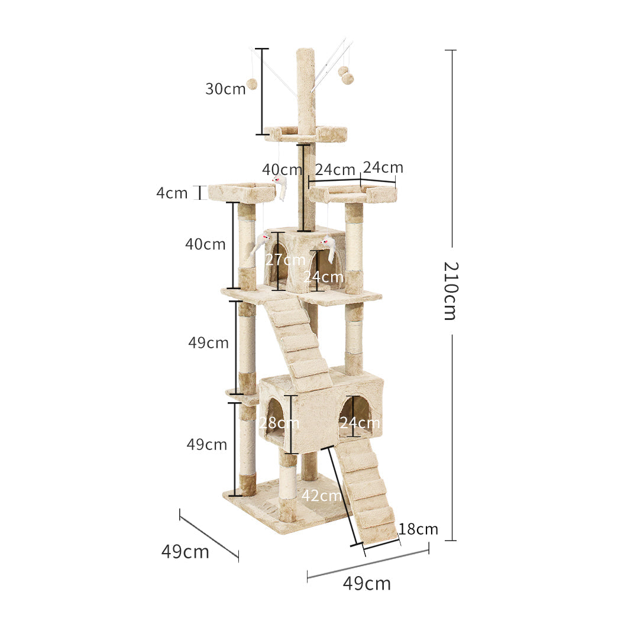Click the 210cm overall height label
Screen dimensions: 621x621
click(x=450, y=290)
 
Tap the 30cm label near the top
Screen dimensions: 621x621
click(x=225, y=89)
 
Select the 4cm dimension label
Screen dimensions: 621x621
click(x=172, y=193)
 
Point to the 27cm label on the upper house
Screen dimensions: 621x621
click(x=285, y=259)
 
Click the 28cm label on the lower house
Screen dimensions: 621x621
click(x=279, y=423)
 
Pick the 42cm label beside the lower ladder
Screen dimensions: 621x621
click(x=321, y=496)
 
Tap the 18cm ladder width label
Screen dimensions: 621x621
click(x=418, y=529)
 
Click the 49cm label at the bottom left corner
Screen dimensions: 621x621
click(x=185, y=551)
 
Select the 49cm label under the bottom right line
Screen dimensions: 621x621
click(x=367, y=584)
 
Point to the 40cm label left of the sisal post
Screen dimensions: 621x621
click(x=205, y=244)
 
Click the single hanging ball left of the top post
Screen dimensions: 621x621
click(x=252, y=84)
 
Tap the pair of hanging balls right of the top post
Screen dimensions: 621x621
click(x=345, y=75)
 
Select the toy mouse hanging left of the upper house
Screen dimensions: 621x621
click(x=260, y=242)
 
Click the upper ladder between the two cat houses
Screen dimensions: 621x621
click(x=299, y=343)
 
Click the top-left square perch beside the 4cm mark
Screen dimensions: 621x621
click(x=241, y=192)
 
